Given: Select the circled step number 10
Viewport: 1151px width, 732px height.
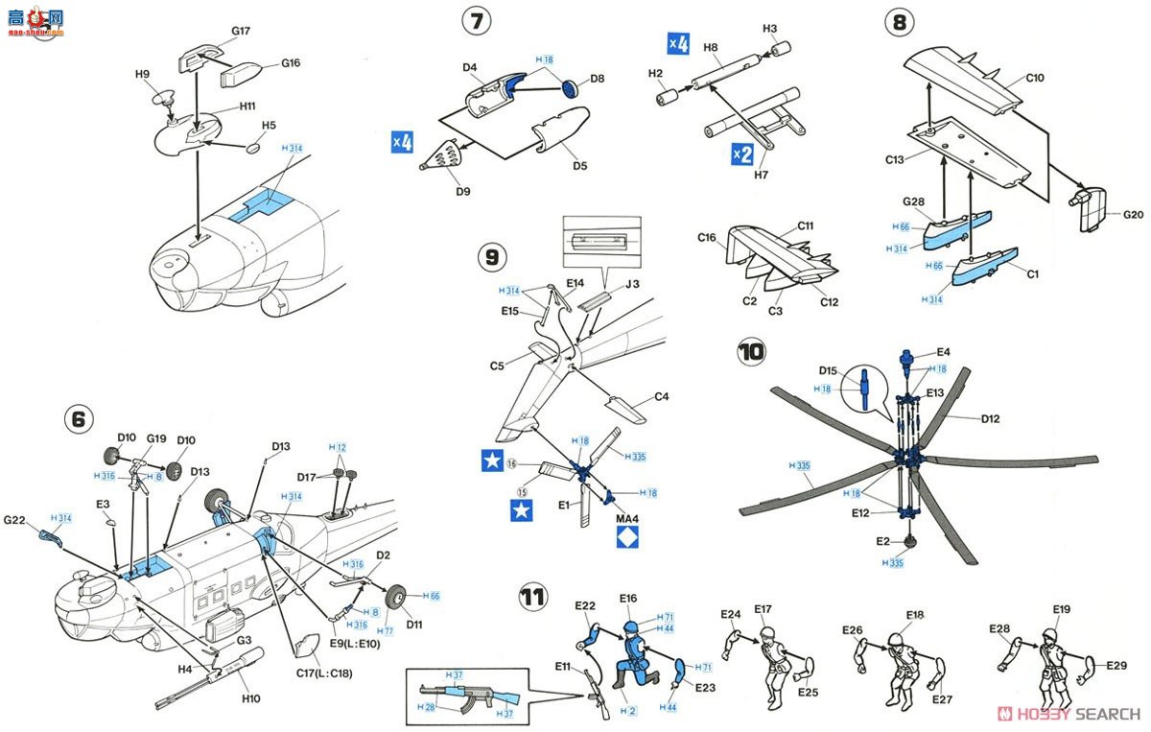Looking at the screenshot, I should (x=753, y=352).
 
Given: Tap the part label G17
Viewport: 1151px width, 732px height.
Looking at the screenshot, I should (x=240, y=31).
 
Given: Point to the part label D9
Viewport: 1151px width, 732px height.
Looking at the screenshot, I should (x=463, y=191).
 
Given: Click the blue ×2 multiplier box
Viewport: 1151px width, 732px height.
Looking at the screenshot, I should (x=741, y=153).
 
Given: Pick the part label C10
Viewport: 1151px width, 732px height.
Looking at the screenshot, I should (x=1034, y=79).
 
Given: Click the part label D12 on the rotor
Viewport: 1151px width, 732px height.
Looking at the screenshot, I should (x=991, y=418).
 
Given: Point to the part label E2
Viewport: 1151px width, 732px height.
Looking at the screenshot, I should (x=882, y=541).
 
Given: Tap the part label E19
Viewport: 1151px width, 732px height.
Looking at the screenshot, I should (x=1061, y=609).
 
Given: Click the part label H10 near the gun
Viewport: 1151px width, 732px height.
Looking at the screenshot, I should (x=250, y=697).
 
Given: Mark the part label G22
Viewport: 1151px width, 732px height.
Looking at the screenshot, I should (x=13, y=521).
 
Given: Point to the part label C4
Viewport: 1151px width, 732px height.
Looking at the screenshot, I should (x=661, y=397).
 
